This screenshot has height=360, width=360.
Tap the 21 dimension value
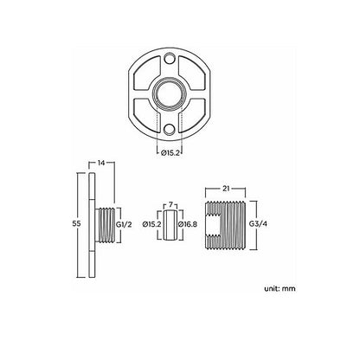pos(224,187)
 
